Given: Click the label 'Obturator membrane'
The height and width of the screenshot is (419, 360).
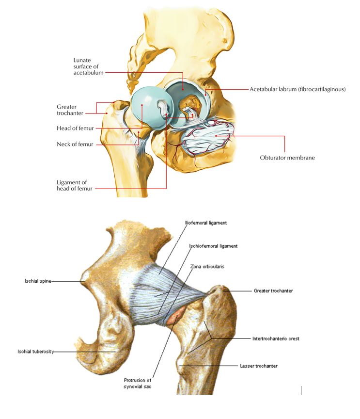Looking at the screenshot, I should pos(287,157).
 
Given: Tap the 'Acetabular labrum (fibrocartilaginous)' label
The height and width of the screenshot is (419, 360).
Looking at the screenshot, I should pos(297,89).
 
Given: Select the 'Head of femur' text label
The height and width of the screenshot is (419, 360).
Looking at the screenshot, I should pos(75,129).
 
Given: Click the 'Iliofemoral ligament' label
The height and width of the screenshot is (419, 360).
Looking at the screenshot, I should pos(206,223).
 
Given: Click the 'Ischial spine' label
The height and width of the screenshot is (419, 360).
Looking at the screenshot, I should pos(38,281).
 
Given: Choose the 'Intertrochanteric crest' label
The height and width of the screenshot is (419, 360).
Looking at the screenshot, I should pos(276,338).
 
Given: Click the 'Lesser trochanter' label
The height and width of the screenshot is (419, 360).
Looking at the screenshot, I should pos(259,366).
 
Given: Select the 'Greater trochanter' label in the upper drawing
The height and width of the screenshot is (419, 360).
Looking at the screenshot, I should pos(70,110).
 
